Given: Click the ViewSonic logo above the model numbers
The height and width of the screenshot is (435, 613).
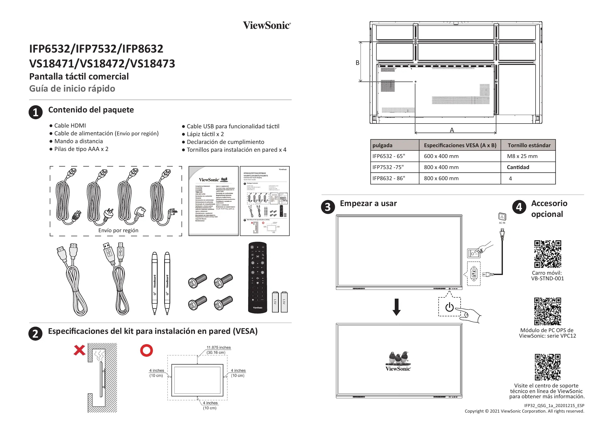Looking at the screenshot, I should [267, 25].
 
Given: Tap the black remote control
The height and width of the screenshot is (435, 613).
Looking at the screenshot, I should [257, 277].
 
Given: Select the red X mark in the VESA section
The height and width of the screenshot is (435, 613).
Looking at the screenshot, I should [79, 350].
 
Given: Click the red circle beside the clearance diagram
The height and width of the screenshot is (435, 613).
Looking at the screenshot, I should [146, 350].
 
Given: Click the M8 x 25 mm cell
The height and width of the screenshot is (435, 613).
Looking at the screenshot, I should [522, 156].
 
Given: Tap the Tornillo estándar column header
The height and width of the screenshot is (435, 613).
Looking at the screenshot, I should [529, 145].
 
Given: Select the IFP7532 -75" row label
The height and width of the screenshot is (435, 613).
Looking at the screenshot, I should [388, 167].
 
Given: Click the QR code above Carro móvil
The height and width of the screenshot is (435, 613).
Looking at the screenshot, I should [547, 254].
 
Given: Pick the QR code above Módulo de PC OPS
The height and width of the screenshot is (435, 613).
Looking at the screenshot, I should [547, 311].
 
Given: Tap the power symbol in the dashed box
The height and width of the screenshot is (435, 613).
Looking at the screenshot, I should [450, 307].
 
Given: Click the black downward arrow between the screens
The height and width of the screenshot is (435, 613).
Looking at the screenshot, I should [397, 307].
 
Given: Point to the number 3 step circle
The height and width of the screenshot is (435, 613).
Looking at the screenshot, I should [328, 207].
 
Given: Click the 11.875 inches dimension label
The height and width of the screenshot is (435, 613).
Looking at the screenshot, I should [218, 347].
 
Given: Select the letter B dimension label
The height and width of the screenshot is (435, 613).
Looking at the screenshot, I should [357, 63].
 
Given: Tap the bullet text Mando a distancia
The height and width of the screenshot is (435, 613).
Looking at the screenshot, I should [78, 141].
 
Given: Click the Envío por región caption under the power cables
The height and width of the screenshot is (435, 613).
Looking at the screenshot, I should [118, 230].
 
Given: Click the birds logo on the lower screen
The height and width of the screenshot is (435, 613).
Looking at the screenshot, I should [398, 359].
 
